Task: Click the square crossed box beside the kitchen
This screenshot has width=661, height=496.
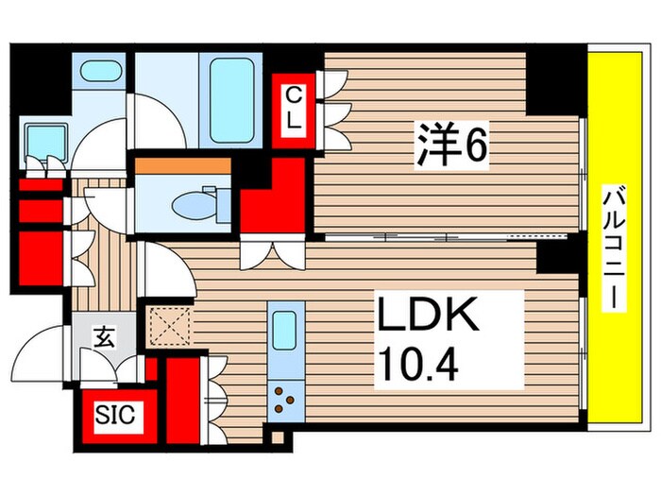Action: pos(170,327)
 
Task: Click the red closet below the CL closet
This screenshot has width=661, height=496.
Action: pos(273,200)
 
